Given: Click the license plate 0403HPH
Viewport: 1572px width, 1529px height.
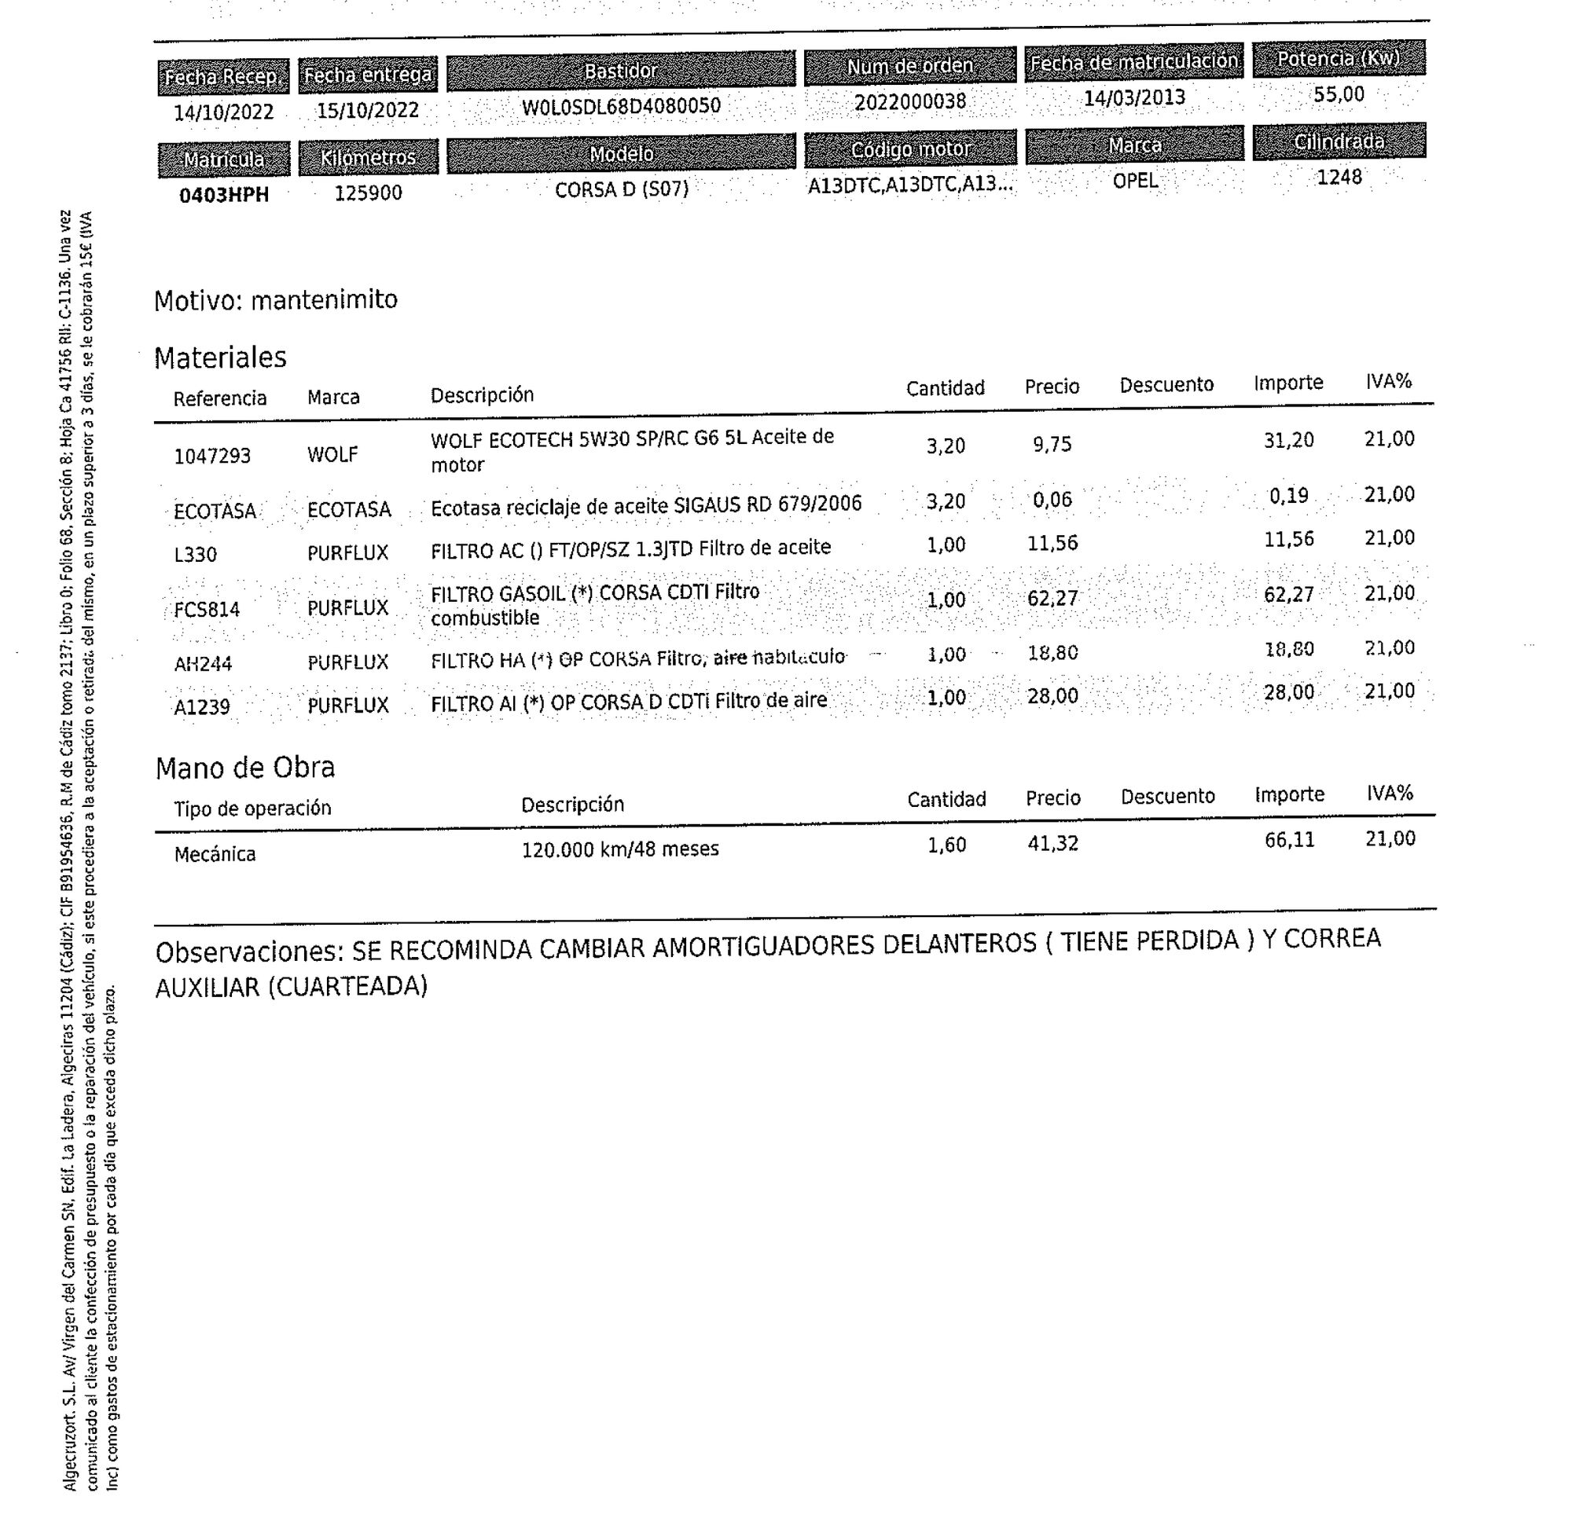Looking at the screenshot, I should pos(223,195).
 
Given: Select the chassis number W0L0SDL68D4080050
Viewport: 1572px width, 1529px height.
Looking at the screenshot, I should pos(621,106).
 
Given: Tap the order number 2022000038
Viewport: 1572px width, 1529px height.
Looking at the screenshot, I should pos(910,102).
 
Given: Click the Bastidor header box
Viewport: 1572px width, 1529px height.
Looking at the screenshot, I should pos(620,71).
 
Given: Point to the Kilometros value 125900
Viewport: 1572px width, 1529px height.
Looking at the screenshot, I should pos(368,192).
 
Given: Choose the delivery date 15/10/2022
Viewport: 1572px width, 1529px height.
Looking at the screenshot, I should pos(368,110).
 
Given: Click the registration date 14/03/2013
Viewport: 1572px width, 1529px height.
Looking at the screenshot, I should pos(1134,98).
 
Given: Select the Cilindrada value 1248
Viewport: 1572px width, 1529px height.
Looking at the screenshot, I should pos(1339,177).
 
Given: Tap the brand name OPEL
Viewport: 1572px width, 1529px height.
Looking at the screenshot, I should pos(1135,181).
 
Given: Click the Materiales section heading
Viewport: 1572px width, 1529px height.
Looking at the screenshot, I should pos(220,357).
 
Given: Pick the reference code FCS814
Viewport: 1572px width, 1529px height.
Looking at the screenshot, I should pos(208,610).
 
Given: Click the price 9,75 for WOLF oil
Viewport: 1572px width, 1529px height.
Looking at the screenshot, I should pos(1052,444).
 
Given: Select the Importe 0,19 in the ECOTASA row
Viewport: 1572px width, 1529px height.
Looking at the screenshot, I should pos(1288,497).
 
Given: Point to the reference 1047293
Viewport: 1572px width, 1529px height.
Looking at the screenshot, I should pos(212,456).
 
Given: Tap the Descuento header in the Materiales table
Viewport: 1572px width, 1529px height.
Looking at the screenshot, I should pos(1166,385).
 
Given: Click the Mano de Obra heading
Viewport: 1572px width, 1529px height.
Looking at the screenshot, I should pos(245,768).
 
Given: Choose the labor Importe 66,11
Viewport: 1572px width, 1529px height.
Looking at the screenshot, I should pos(1289,840).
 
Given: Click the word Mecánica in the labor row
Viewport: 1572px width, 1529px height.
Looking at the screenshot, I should pos(215,853).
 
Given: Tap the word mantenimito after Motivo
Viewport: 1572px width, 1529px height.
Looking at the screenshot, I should pos(324,299).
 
